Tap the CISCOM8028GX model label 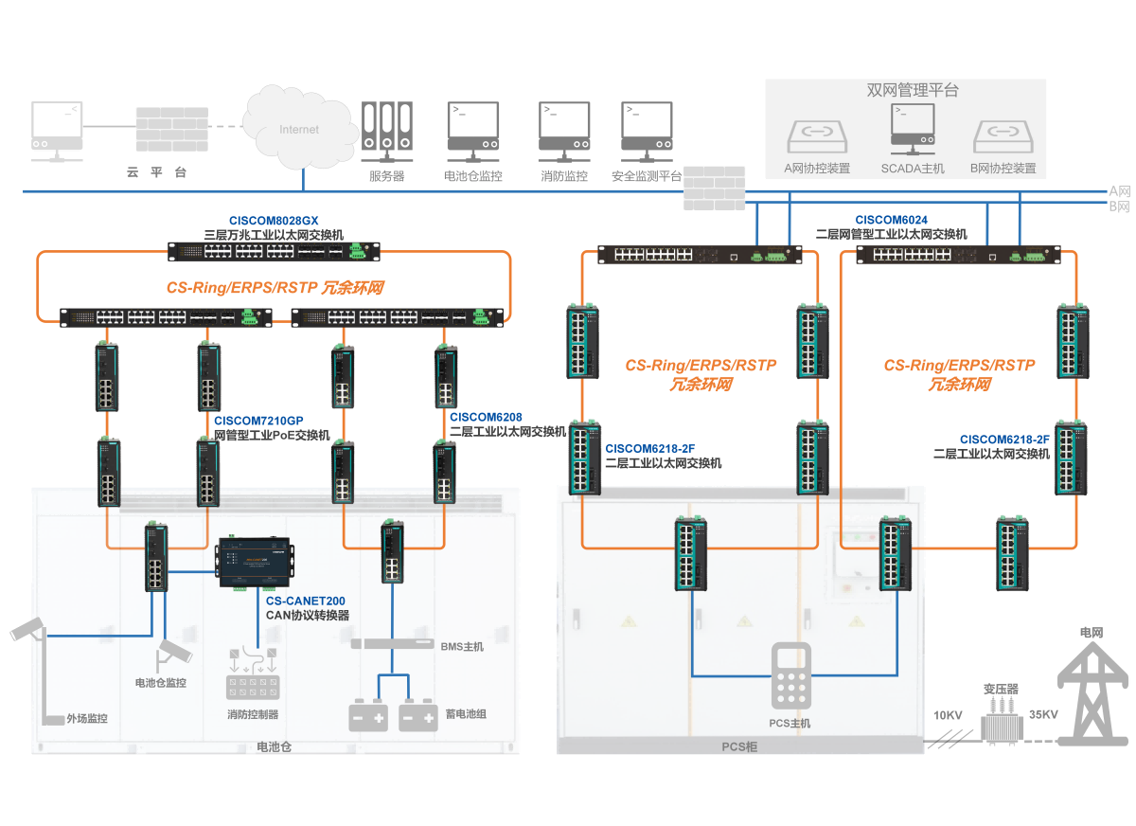[274, 221]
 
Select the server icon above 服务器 [387, 132]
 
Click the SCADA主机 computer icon [913, 129]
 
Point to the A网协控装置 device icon [817, 136]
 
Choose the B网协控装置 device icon [1003, 136]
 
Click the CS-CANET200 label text [305, 602]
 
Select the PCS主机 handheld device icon [791, 675]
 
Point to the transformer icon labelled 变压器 [1002, 721]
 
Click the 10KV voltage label [948, 715]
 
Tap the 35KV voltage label [1043, 715]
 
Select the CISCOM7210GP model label [258, 422]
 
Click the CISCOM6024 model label [891, 220]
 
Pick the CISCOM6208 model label [486, 418]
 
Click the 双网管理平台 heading [913, 90]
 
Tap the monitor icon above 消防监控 [564, 132]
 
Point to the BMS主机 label [462, 647]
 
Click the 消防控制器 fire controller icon [253, 673]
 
